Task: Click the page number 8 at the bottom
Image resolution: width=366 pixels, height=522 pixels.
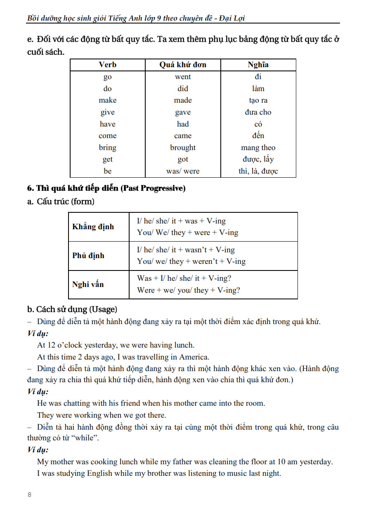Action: tap(29, 495)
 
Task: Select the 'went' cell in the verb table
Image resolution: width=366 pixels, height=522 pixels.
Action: tap(183, 77)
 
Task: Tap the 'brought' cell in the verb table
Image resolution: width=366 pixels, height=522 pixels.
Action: tap(183, 148)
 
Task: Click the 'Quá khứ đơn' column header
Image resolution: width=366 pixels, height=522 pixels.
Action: tap(183, 65)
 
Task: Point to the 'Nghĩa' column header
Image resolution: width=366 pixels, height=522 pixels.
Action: tap(258, 65)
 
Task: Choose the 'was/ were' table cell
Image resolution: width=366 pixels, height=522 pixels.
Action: tap(183, 171)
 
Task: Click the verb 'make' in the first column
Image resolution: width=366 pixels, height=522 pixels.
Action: tap(108, 100)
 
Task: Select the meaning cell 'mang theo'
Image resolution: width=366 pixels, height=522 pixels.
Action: tap(258, 148)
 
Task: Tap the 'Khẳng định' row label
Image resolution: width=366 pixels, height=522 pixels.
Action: tap(93, 227)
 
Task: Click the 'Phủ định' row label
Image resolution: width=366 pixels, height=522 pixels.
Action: tap(88, 256)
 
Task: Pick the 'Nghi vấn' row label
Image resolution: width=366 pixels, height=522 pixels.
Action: tap(88, 285)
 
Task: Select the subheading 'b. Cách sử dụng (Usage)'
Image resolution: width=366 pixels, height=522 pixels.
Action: tap(72, 309)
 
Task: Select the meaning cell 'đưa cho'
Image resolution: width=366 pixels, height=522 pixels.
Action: tap(258, 112)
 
